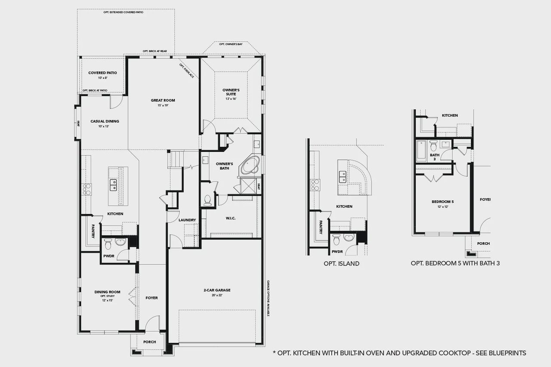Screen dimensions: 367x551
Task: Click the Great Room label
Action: [x=163, y=100]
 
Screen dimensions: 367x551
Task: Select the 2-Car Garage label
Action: [x=217, y=290]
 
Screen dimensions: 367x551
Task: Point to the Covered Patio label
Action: [x=102, y=73]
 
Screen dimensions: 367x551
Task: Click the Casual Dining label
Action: [x=105, y=121]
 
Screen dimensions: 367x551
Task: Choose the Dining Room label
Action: [x=107, y=292]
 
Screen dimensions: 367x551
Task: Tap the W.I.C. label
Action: [x=230, y=218]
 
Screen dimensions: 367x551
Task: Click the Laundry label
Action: [x=187, y=220]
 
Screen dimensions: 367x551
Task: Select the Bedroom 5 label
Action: [x=443, y=202]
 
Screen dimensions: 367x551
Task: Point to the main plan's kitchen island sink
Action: [x=114, y=185]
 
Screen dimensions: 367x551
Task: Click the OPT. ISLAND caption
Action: [x=341, y=264]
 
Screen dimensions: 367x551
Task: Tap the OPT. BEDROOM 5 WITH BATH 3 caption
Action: [x=455, y=263]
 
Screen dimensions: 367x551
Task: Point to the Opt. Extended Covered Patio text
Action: [x=124, y=12]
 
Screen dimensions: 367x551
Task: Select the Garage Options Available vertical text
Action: [x=268, y=298]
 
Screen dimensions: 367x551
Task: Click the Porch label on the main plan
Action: [x=149, y=342]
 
